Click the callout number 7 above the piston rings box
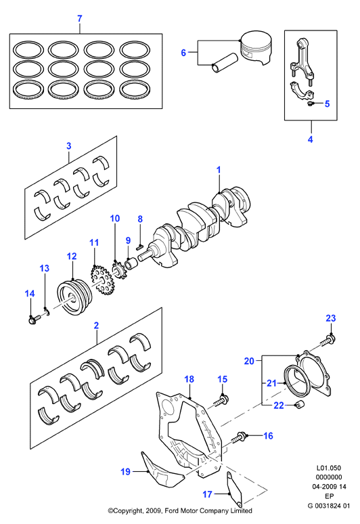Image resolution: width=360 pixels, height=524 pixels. (79, 18)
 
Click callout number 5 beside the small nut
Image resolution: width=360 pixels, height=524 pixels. (327, 104)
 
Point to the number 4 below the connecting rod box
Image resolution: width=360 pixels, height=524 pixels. (310, 139)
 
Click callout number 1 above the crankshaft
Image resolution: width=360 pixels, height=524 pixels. (219, 170)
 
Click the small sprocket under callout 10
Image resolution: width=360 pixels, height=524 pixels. (117, 271)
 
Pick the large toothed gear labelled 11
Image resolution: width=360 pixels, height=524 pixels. (102, 279)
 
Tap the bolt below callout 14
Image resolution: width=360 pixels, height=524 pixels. (34, 318)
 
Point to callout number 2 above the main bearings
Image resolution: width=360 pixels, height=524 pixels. (96, 325)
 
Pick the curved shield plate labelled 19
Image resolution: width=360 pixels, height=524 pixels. (162, 472)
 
